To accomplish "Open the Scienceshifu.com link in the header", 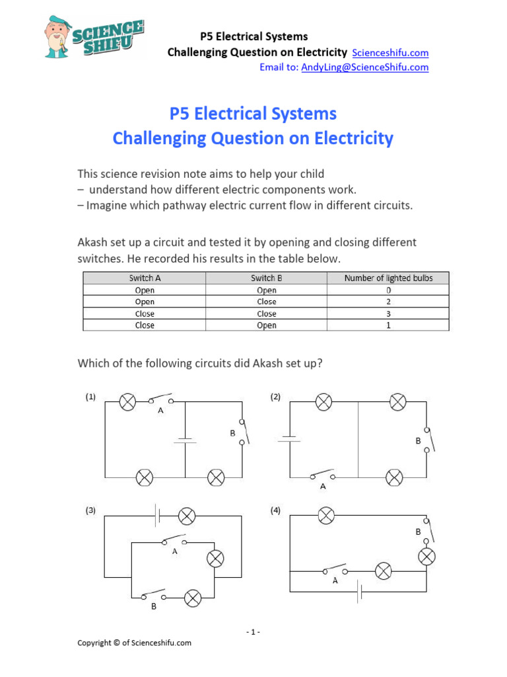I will click(x=390, y=53).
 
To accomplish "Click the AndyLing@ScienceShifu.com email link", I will click(x=364, y=67).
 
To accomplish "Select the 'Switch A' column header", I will click(x=144, y=278).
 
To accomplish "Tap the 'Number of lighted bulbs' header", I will click(x=388, y=278).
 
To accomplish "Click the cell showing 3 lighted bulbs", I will click(x=388, y=313).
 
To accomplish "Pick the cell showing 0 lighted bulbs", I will click(x=388, y=290).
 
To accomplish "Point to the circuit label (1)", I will click(x=90, y=397).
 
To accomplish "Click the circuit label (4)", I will click(x=276, y=510).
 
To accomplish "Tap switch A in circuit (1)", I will click(x=160, y=401).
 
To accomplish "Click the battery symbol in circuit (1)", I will click(x=185, y=440).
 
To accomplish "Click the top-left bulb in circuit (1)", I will click(x=127, y=401).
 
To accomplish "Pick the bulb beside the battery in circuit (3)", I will click(x=187, y=515).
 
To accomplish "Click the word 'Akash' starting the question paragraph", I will click(x=92, y=242).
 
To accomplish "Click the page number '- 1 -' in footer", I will click(x=253, y=632).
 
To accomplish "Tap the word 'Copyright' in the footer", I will click(x=95, y=643).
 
